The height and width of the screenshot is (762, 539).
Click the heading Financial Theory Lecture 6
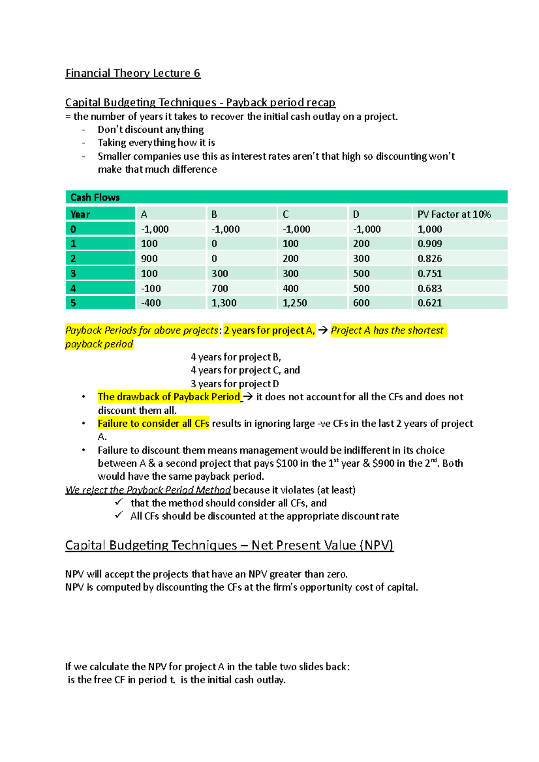(133, 73)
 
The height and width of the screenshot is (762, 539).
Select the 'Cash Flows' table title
(95, 197)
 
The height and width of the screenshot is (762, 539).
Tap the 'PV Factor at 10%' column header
(454, 215)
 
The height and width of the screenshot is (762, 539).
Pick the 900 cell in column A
(149, 258)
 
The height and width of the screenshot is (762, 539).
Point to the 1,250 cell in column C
(295, 303)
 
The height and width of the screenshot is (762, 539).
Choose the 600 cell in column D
(361, 303)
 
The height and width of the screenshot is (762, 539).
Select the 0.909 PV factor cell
(429, 244)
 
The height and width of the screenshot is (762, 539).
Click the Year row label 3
(73, 274)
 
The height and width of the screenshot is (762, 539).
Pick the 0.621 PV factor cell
(429, 303)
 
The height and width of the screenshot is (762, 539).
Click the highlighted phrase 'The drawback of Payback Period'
(169, 397)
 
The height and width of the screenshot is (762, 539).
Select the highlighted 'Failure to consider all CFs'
(153, 424)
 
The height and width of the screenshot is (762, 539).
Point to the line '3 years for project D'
(234, 384)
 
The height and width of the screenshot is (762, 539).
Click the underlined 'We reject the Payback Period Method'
(148, 490)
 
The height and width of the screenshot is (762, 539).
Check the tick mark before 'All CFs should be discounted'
(119, 515)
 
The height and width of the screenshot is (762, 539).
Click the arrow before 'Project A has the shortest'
(323, 331)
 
